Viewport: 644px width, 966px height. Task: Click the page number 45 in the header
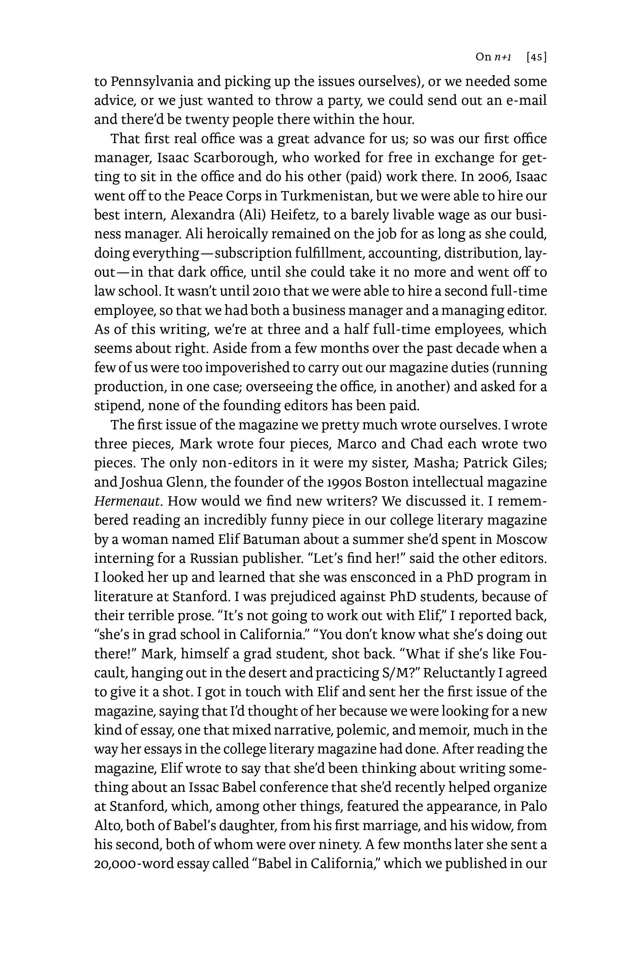click(x=536, y=57)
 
